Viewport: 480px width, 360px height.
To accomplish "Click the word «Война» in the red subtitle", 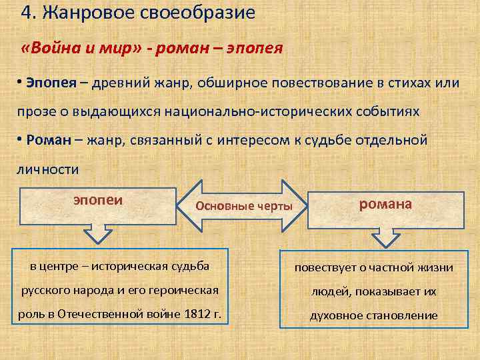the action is pyautogui.click(x=51, y=49).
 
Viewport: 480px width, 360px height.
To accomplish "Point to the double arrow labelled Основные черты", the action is pyautogui.click(x=243, y=205).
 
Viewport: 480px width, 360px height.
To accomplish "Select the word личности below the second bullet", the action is pyautogui.click(x=47, y=169).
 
